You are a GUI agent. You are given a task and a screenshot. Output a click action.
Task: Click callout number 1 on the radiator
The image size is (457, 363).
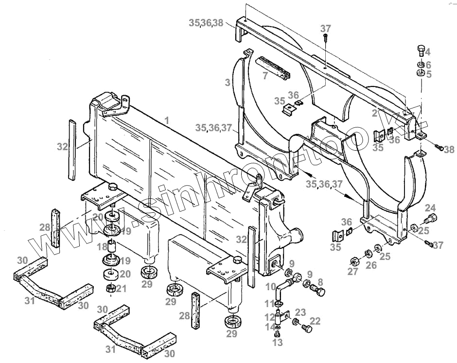point(167,120)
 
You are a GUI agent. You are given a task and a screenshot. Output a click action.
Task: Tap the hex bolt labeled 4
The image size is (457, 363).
point(421,51)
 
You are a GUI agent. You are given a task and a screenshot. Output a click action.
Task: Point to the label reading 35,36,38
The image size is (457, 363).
point(206,22)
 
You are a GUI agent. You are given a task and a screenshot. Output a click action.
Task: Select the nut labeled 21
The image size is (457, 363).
point(111,289)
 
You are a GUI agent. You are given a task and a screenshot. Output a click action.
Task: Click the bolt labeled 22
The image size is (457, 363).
point(306,329)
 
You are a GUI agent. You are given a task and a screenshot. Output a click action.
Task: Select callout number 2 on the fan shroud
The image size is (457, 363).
point(374,114)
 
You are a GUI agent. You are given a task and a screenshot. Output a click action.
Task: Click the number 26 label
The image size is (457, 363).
point(371,265)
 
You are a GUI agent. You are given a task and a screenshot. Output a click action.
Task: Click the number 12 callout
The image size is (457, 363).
point(268,317)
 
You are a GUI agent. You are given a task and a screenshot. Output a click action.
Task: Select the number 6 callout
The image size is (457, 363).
point(428,65)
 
